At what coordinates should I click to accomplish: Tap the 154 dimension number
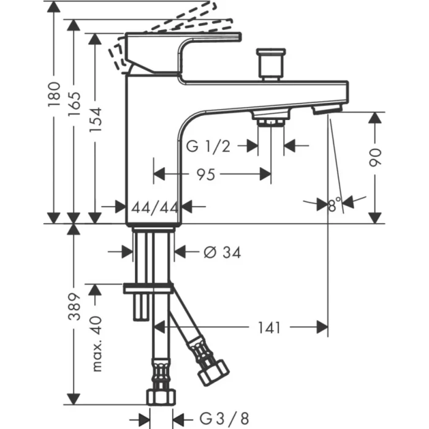(96, 120)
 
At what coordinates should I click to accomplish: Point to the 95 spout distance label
(205, 175)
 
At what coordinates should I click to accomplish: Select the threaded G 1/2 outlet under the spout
(270, 120)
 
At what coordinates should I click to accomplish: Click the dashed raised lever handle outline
(184, 22)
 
